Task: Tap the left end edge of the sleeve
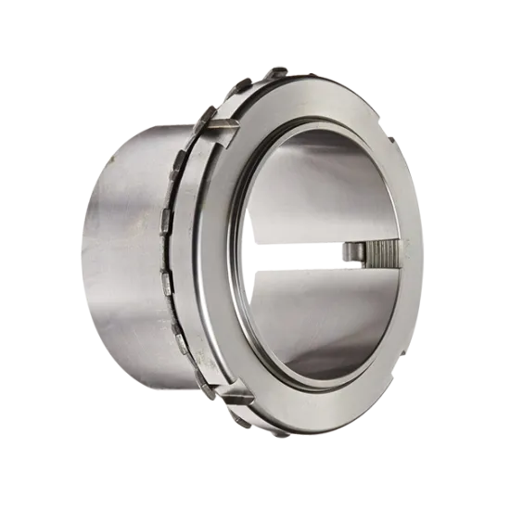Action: coord(85,260)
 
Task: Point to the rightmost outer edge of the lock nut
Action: coord(422,260)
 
